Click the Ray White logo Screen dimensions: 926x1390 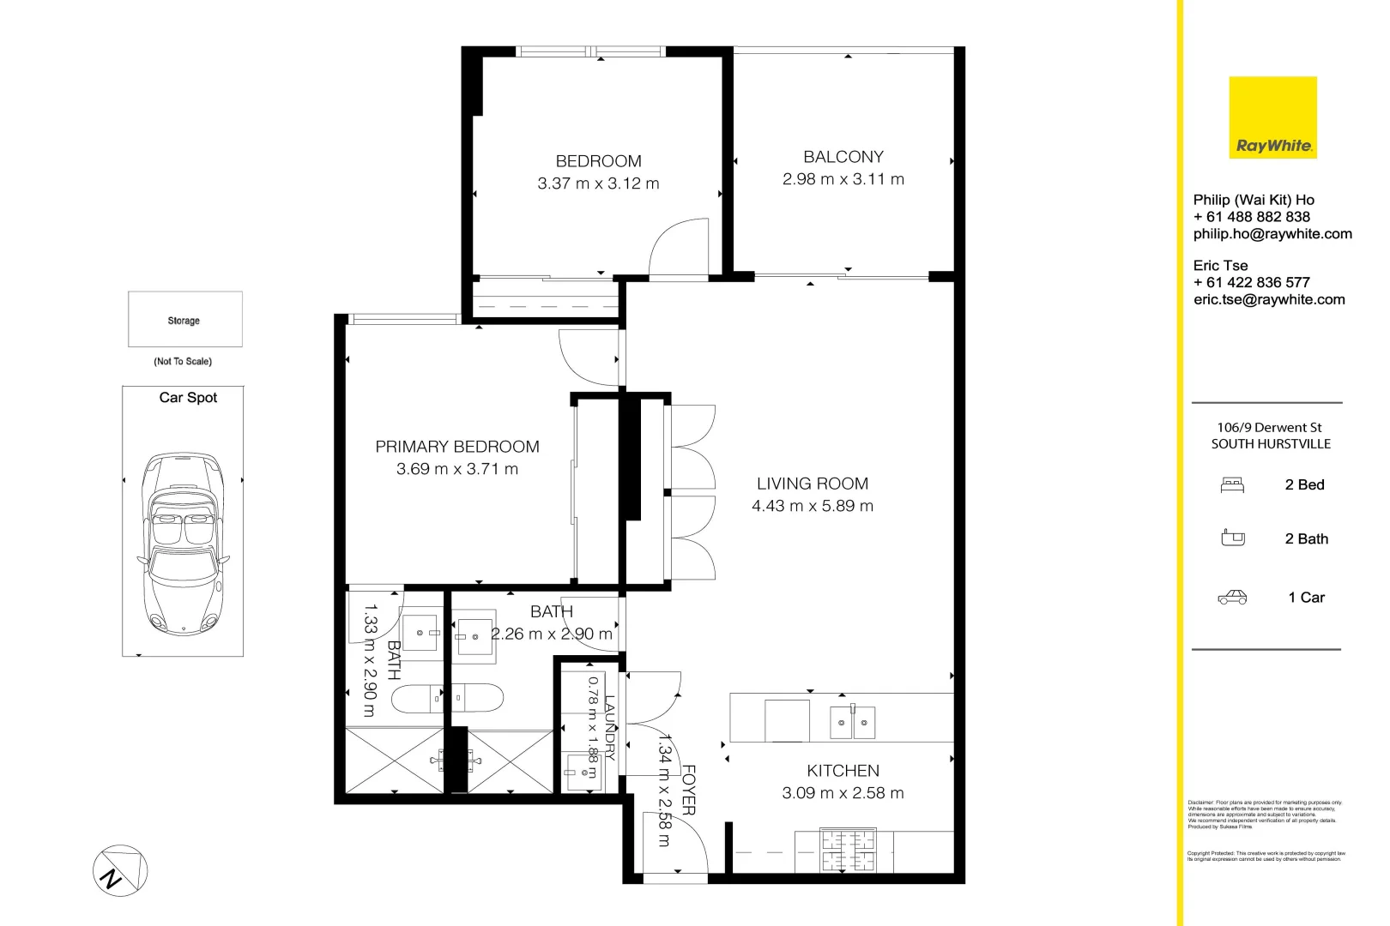pyautogui.click(x=1272, y=117)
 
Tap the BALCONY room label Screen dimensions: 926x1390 pyautogui.click(x=843, y=157)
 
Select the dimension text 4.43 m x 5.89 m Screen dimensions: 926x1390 pyautogui.click(x=812, y=506)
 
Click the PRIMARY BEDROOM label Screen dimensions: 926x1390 pyautogui.click(x=456, y=447)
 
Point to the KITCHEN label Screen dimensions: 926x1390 pyautogui.click(x=843, y=771)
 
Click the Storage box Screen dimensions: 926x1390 pyautogui.click(x=184, y=320)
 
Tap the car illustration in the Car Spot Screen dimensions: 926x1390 pyautogui.click(x=183, y=543)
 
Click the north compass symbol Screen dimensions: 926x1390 pyautogui.click(x=119, y=871)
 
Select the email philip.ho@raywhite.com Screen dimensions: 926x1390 pyautogui.click(x=1272, y=234)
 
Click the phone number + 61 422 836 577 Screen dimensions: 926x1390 pyautogui.click(x=1251, y=282)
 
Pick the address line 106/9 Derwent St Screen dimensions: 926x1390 pyautogui.click(x=1269, y=427)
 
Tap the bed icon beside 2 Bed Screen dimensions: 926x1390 pyautogui.click(x=1232, y=485)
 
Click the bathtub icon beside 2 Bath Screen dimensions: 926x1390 pyautogui.click(x=1232, y=538)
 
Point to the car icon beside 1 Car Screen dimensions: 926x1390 pyautogui.click(x=1232, y=598)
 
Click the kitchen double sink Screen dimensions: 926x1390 pyautogui.click(x=852, y=723)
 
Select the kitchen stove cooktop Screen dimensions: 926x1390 pyautogui.click(x=847, y=851)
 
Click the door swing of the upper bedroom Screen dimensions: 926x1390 pyautogui.click(x=680, y=249)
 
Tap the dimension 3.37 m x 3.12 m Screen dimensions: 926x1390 pyautogui.click(x=598, y=183)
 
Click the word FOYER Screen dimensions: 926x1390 pyautogui.click(x=688, y=790)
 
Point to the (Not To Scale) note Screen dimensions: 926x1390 pyautogui.click(x=183, y=361)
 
